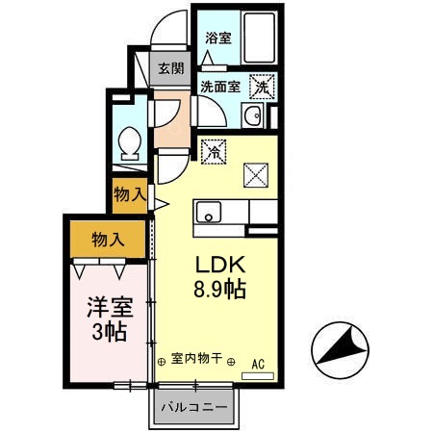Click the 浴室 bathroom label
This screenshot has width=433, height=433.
coord(218,39)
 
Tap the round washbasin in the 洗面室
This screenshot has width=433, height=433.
coord(252,117)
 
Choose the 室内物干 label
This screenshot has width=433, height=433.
coord(196,359)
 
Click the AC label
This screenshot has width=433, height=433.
coord(258,363)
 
